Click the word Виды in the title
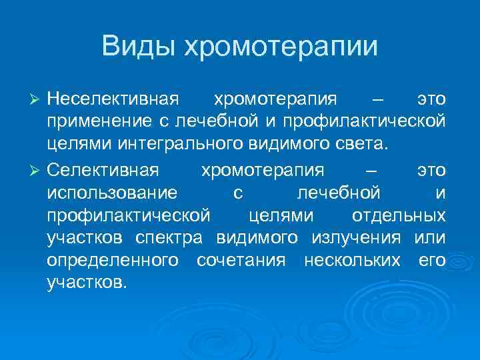[138, 47]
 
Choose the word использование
[113, 193]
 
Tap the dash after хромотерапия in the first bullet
[379, 100]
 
